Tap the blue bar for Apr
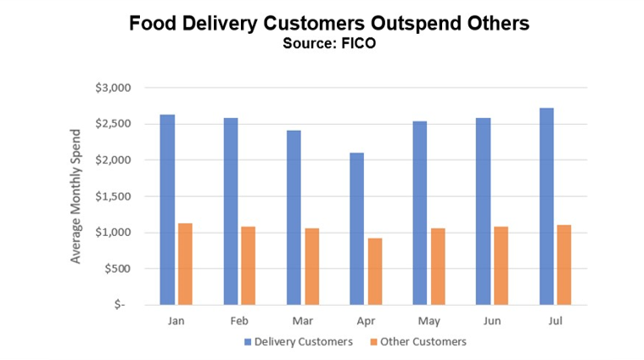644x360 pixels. coord(356,228)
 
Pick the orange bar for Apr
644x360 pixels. coord(374,272)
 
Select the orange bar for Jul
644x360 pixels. coord(564,264)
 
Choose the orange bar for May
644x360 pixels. coord(438,266)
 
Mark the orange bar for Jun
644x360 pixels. coord(501,265)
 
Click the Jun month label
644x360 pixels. coord(492,323)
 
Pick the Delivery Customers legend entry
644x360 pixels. coord(297,342)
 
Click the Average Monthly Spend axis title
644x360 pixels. coord(76,196)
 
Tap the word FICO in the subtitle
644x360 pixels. coord(358,44)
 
